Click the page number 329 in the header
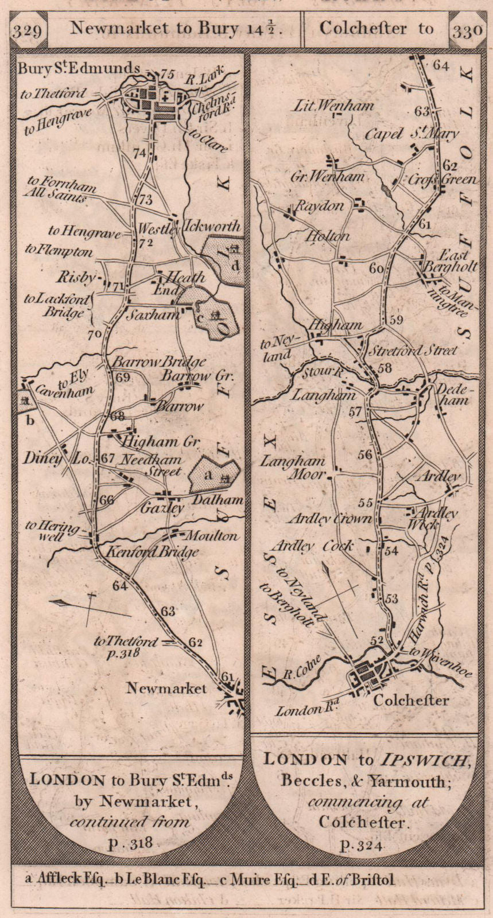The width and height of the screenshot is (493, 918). pos(28,30)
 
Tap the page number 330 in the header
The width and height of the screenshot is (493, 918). pos(467,30)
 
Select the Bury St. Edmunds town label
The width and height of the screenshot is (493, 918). pos(79,68)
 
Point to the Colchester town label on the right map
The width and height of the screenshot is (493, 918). pos(411,700)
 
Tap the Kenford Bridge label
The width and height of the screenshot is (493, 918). pos(152,552)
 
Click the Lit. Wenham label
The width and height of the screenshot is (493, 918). pos(334,105)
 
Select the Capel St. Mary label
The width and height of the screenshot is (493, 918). pos(412,134)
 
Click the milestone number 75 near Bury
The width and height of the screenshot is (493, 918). pos(166,73)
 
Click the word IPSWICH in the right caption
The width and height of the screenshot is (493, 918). pos(425,760)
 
